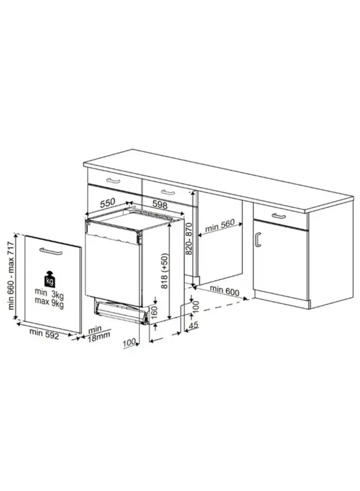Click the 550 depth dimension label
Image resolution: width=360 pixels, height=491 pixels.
click(108, 202)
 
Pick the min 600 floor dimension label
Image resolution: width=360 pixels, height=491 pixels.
click(225, 292)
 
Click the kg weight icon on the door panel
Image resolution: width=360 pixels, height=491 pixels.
click(50, 280)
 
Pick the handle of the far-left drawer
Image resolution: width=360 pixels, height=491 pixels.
click(113, 181)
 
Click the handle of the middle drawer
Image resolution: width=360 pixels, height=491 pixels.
click(168, 191)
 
